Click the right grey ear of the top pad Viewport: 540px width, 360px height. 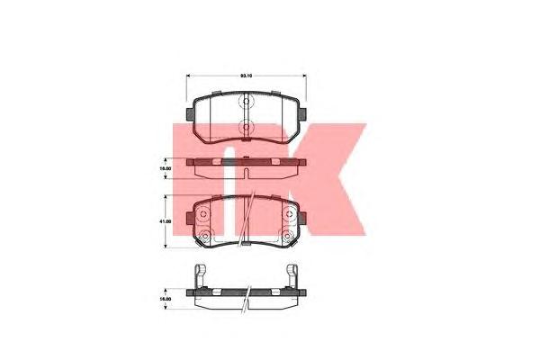click(304, 114)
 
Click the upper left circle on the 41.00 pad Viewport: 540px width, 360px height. click(204, 214)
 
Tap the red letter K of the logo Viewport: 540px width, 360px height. click(333, 175)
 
